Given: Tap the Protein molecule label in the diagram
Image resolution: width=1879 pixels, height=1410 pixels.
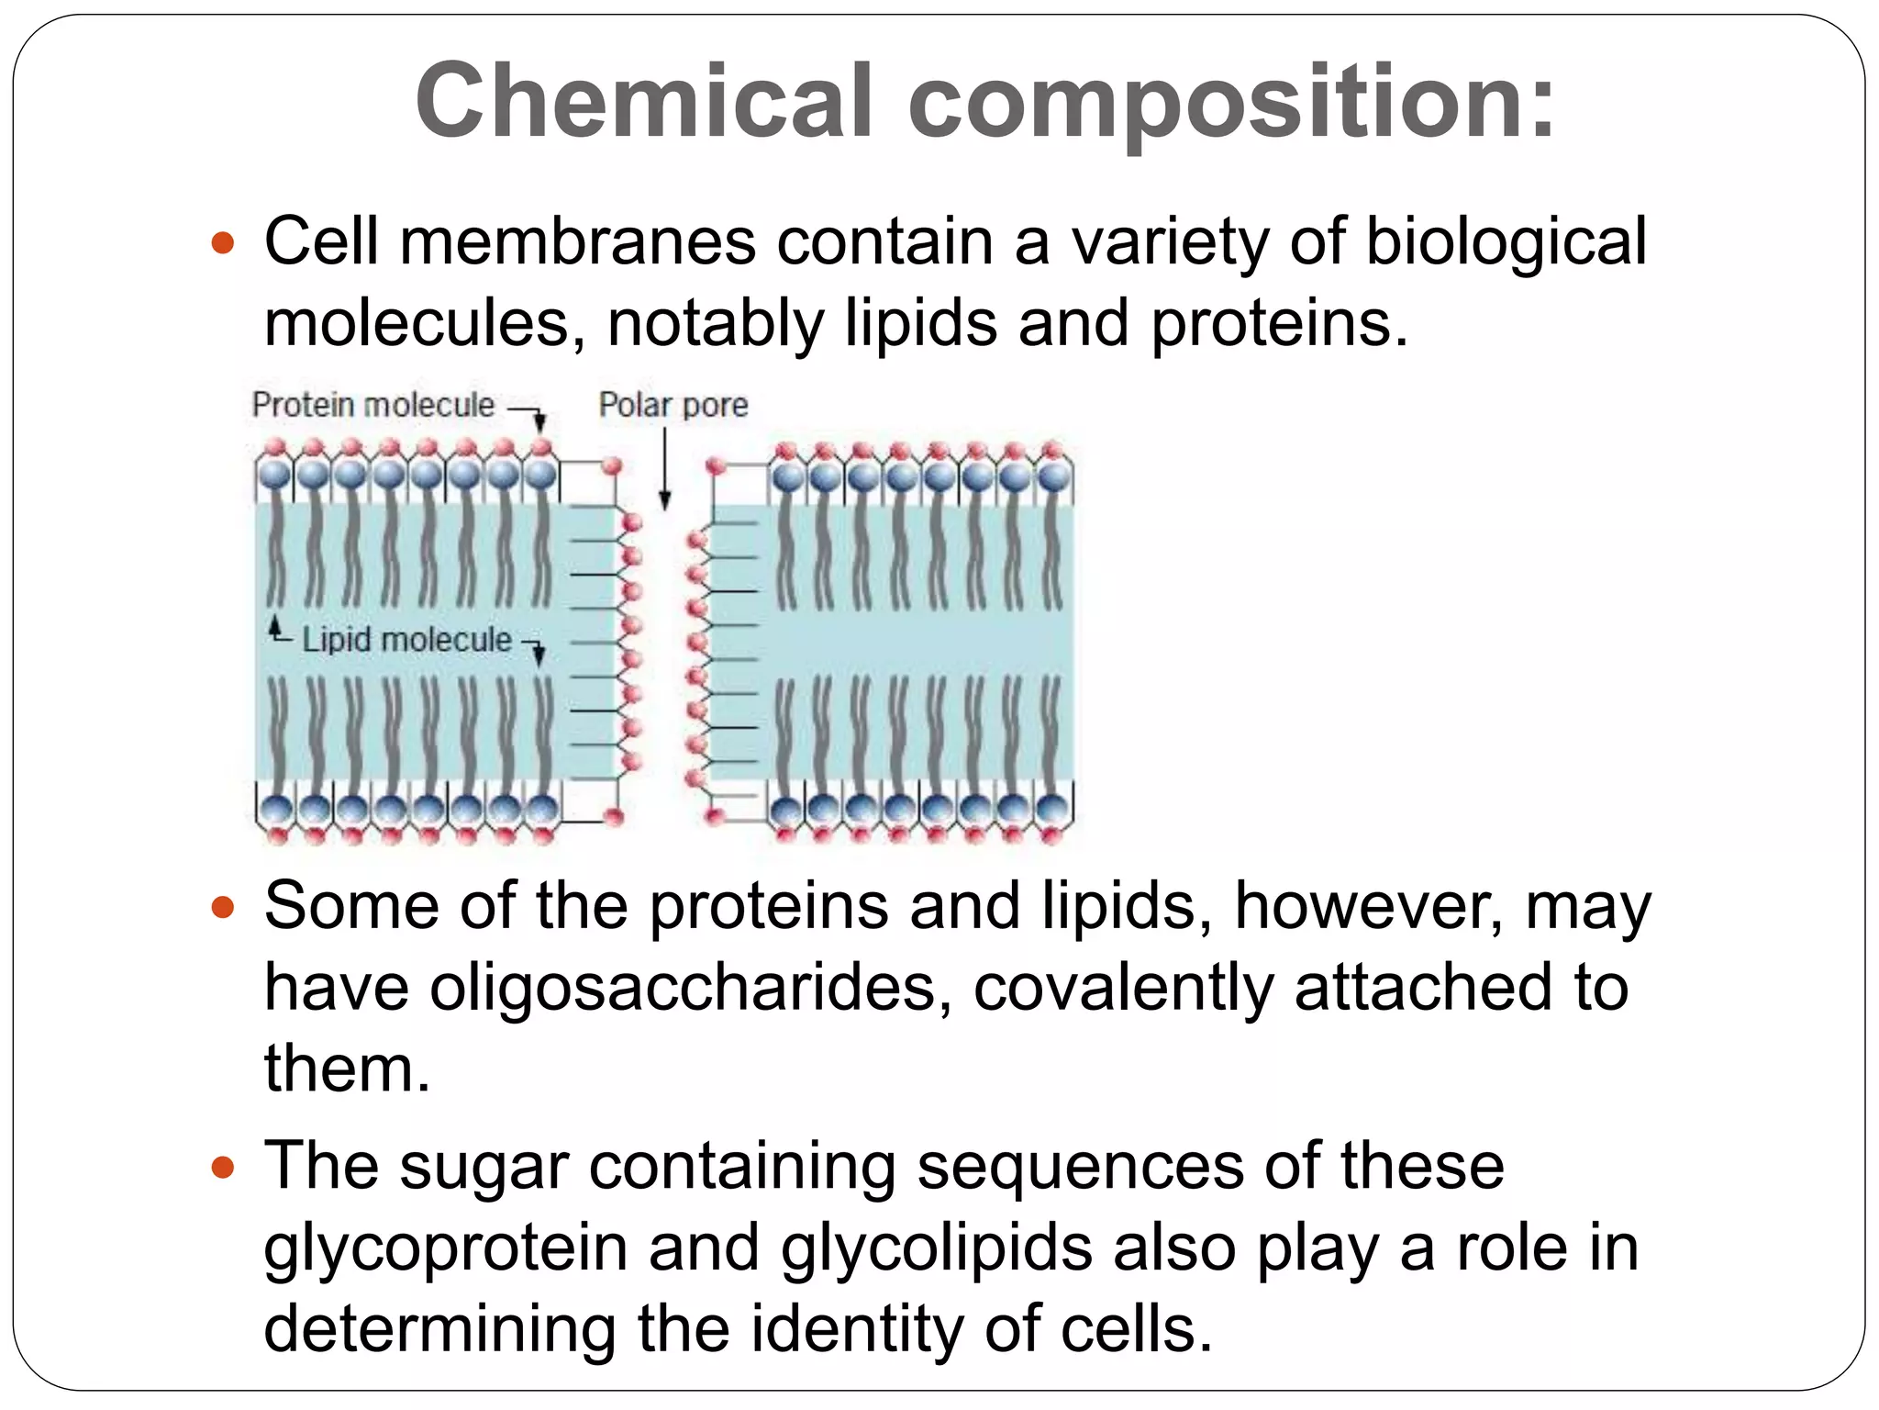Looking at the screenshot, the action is (372, 405).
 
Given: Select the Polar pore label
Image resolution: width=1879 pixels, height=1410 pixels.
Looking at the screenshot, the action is (673, 405).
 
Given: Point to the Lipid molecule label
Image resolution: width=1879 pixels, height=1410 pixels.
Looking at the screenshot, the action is (406, 640).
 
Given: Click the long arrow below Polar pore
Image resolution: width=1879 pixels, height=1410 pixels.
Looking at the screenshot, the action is (665, 468).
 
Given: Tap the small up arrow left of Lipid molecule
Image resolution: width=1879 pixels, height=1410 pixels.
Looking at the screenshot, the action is (275, 629).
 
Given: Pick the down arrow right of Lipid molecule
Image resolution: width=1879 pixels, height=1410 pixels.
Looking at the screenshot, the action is (539, 652).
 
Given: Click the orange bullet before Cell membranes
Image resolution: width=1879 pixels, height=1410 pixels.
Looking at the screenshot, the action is (223, 244).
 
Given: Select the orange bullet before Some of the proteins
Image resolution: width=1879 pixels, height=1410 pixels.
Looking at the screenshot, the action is (223, 908).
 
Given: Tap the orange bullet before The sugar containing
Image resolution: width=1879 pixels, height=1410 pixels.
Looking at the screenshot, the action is (223, 1168).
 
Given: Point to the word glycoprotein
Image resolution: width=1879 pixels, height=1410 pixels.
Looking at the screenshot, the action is (446, 1249).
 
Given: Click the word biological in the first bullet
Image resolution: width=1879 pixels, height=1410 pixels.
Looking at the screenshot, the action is (1506, 243).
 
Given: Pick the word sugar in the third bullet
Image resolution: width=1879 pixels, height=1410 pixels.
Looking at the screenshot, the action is (484, 1169).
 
